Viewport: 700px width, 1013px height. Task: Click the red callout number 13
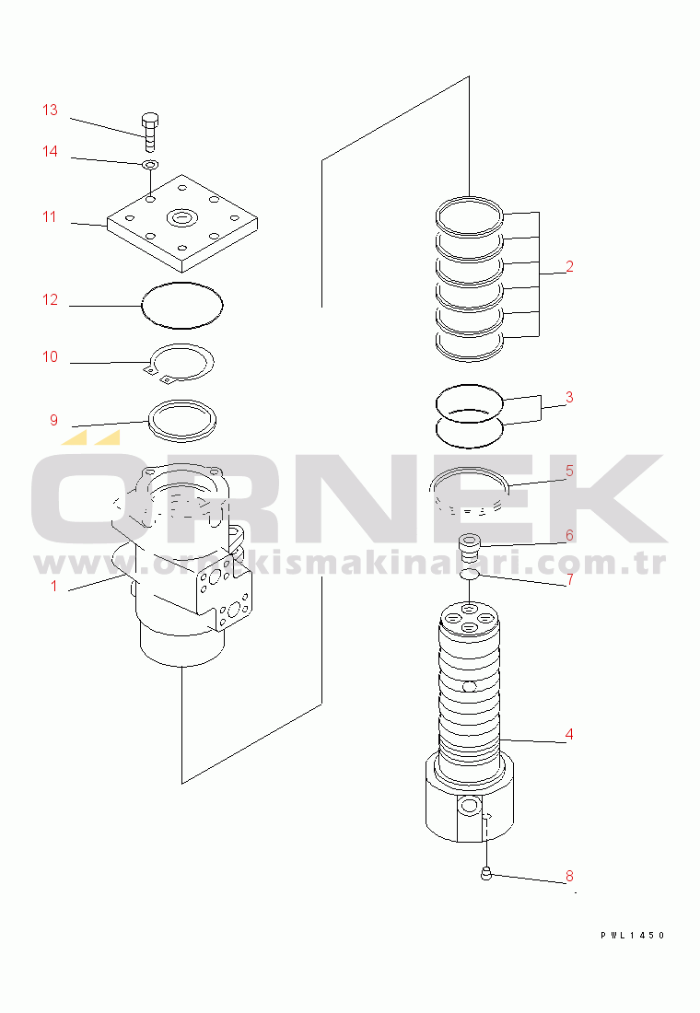[50, 110]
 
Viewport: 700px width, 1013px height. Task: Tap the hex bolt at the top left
[150, 132]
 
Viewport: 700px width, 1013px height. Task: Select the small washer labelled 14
[150, 165]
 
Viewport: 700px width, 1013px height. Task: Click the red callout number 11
[50, 217]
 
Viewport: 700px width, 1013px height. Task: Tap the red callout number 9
[54, 421]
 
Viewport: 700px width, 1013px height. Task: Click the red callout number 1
[54, 586]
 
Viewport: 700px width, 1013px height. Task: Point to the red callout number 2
[569, 266]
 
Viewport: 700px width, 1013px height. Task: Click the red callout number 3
[569, 397]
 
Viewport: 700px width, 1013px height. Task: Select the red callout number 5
[569, 471]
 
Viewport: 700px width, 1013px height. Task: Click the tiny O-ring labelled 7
[470, 575]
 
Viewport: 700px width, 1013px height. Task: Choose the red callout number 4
[569, 734]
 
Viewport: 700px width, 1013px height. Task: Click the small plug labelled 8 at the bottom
[486, 874]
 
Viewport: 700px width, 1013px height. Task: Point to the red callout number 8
[569, 876]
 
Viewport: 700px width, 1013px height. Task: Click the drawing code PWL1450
[633, 935]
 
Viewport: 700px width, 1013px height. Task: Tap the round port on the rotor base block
[469, 805]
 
